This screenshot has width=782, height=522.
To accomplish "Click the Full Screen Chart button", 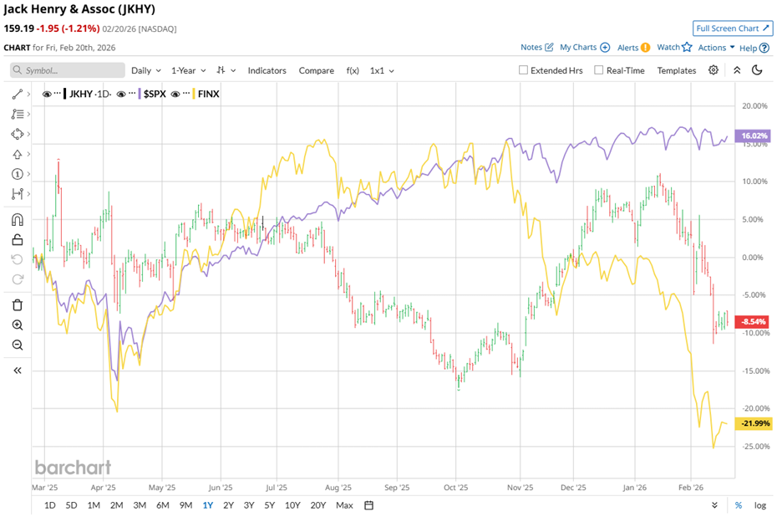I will click(x=733, y=28).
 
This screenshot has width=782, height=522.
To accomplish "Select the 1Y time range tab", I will click(x=207, y=505).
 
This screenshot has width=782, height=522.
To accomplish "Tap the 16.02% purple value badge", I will click(x=754, y=136).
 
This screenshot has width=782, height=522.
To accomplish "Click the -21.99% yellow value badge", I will click(x=754, y=423).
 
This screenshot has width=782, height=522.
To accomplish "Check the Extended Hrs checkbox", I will click(x=524, y=70).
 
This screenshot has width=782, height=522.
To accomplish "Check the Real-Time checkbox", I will click(x=599, y=70).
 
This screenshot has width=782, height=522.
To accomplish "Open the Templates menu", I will click(x=676, y=70).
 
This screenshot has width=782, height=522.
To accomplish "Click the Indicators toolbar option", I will click(x=267, y=70).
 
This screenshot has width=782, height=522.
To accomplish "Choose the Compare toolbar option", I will click(x=316, y=70).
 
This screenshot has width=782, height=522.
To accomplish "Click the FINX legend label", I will click(x=207, y=94).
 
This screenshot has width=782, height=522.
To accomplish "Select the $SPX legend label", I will click(x=153, y=94).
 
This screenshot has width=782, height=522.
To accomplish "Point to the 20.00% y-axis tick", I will click(x=754, y=105).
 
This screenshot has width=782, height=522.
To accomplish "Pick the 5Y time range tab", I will click(x=269, y=505).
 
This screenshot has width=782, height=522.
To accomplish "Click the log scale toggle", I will click(x=759, y=505).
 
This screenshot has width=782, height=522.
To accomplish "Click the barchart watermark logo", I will click(x=73, y=467).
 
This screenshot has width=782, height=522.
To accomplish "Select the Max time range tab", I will click(x=344, y=505).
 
